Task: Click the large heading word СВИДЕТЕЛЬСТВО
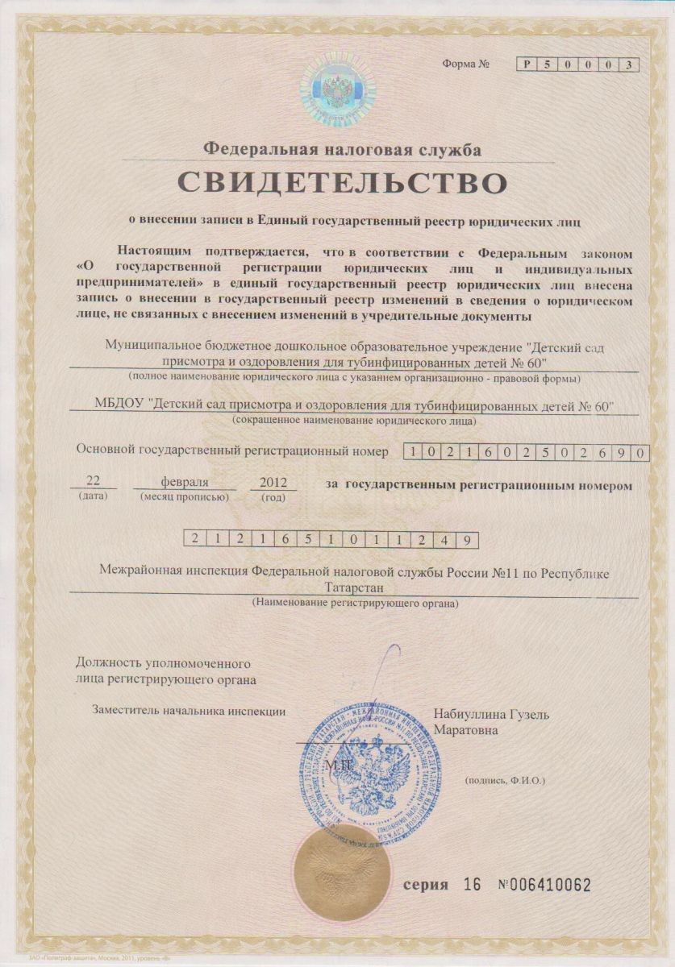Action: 343,181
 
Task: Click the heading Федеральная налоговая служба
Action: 342,149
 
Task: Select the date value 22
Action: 93,481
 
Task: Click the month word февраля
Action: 185,481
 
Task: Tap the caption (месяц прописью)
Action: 185,496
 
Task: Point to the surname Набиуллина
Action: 470,715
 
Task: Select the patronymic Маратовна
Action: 466,730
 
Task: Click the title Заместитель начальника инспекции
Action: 189,711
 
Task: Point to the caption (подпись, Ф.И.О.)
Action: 506,781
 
